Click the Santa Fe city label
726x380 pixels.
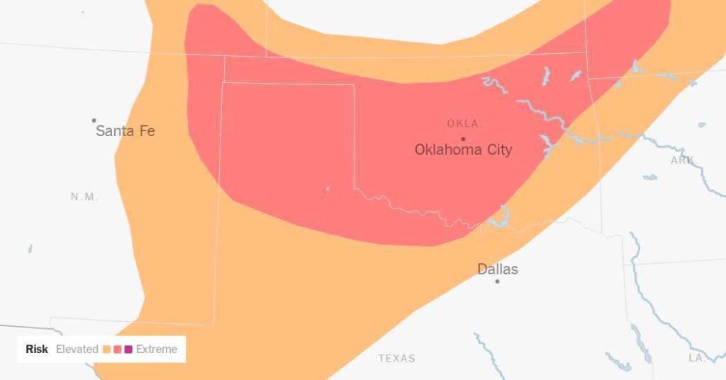pos(125,131)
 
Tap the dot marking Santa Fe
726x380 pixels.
pos(94,121)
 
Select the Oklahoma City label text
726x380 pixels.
pos(463,150)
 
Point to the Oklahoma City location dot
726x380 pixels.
pos(463,138)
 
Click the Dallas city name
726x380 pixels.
pos(497,269)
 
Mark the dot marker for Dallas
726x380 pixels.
pos(497,281)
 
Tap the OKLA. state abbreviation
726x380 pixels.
pos(464,123)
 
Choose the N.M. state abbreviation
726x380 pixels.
pos(84,196)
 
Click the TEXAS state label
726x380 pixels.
pos(396,358)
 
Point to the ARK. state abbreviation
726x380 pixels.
pos(682,160)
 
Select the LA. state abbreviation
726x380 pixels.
pos(697,358)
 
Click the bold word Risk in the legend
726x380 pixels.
pos(37,349)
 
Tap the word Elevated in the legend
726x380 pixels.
pos(77,349)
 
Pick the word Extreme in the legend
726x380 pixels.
pos(157,349)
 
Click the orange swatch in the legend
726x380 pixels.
pos(106,349)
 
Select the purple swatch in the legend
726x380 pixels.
pos(128,349)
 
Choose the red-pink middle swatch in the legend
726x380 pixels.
pos(117,349)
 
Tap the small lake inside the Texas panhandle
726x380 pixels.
pos(327,189)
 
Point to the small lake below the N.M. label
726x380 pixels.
pos(30,249)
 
